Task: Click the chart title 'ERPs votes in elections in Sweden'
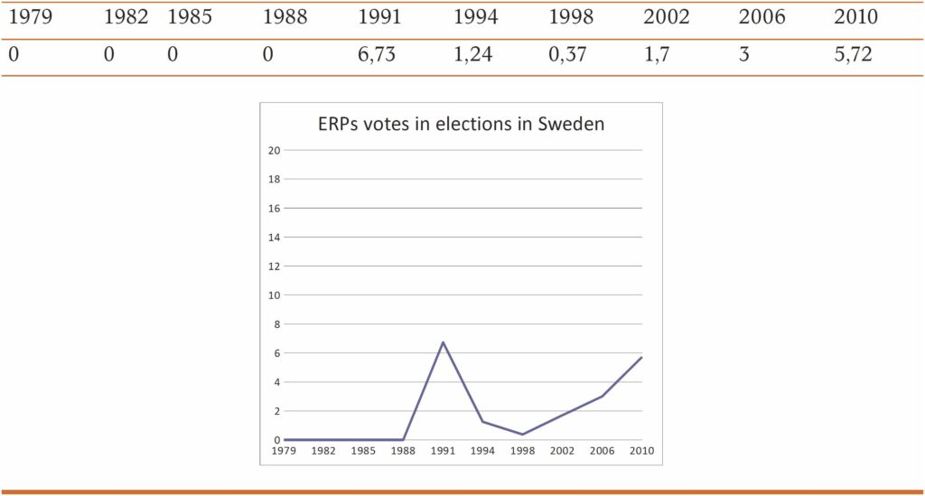[460, 125]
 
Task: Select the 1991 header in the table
[379, 17]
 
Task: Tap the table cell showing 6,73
[377, 55]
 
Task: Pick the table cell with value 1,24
[472, 55]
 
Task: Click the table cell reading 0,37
[567, 55]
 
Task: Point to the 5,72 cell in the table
[853, 55]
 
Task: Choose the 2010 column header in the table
[855, 17]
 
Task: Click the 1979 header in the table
[30, 17]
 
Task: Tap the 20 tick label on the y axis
[274, 150]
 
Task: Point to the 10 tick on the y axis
[274, 295]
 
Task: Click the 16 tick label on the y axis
[274, 208]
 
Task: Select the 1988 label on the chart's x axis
[403, 451]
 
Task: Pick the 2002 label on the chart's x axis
[562, 451]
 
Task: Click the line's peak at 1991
[443, 342]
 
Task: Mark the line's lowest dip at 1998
[522, 435]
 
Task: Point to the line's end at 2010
[641, 357]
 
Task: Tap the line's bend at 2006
[602, 397]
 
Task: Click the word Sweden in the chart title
[571, 125]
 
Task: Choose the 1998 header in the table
[570, 17]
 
